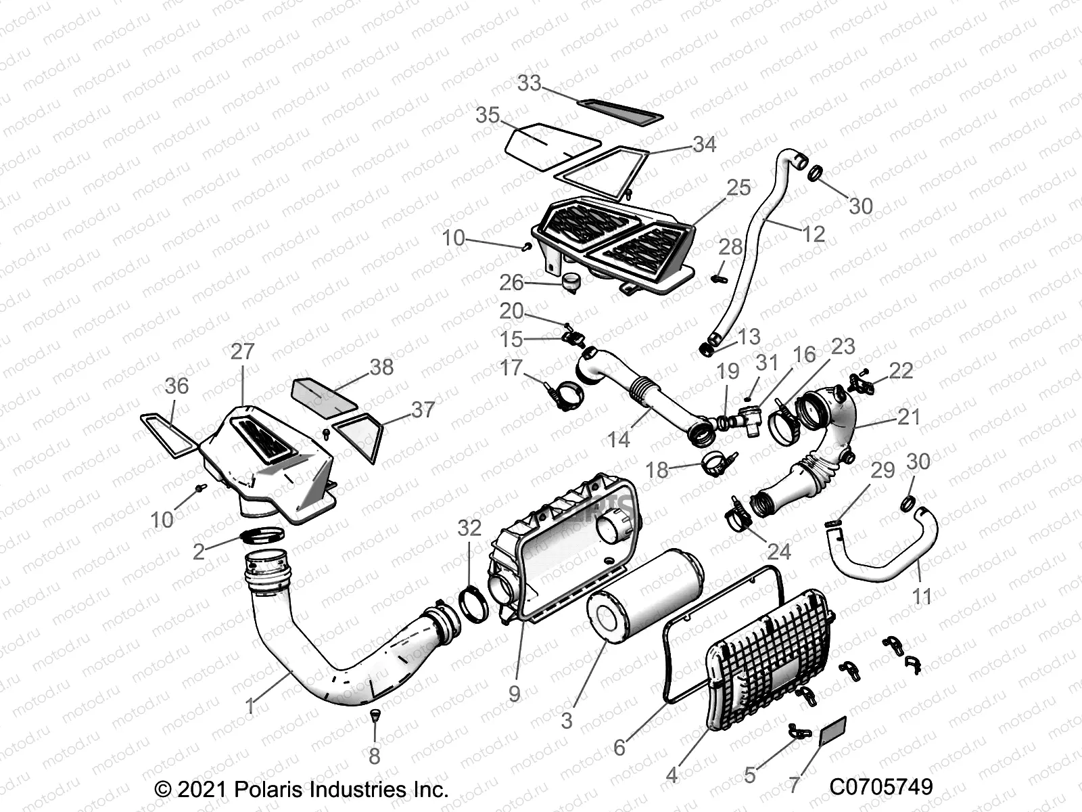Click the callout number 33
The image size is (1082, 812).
(530, 83)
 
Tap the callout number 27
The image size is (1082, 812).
(242, 351)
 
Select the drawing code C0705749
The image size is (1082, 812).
(881, 786)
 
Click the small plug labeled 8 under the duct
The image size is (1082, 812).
(374, 715)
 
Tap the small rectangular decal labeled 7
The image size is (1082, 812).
(833, 731)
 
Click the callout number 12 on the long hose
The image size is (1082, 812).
(814, 234)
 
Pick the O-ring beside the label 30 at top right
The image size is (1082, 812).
(816, 173)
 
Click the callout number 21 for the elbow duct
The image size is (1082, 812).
(909, 417)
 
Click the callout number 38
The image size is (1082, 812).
(381, 367)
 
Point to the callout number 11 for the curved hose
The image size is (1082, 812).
(922, 596)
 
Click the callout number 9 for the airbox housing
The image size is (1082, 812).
(514, 693)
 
